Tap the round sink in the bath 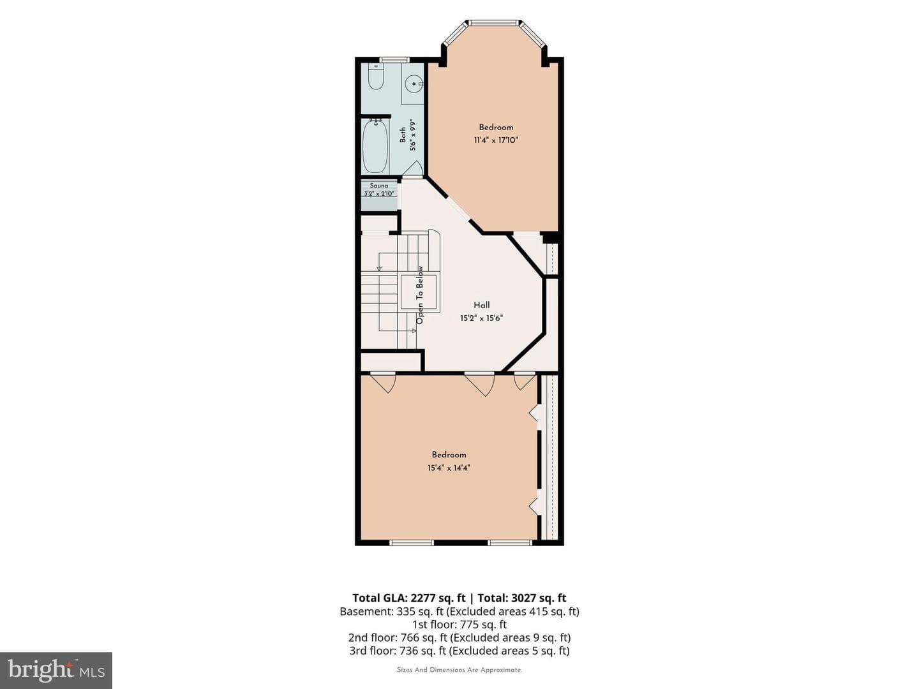tap(414, 84)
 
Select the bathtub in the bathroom tap(375, 147)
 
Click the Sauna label tap(379, 185)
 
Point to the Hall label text tap(481, 305)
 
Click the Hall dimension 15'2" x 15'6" tap(481, 318)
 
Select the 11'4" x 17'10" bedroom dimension tap(496, 140)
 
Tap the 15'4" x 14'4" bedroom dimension tap(449, 468)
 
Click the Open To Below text tap(420, 295)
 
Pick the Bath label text tap(403, 135)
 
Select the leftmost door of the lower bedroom tap(383, 382)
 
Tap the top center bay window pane tap(493, 22)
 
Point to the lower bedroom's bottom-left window tap(411, 543)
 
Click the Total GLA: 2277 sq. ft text tap(408, 598)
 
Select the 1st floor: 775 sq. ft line tap(459, 624)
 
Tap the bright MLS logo tap(56, 670)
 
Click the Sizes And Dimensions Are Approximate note tap(459, 670)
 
